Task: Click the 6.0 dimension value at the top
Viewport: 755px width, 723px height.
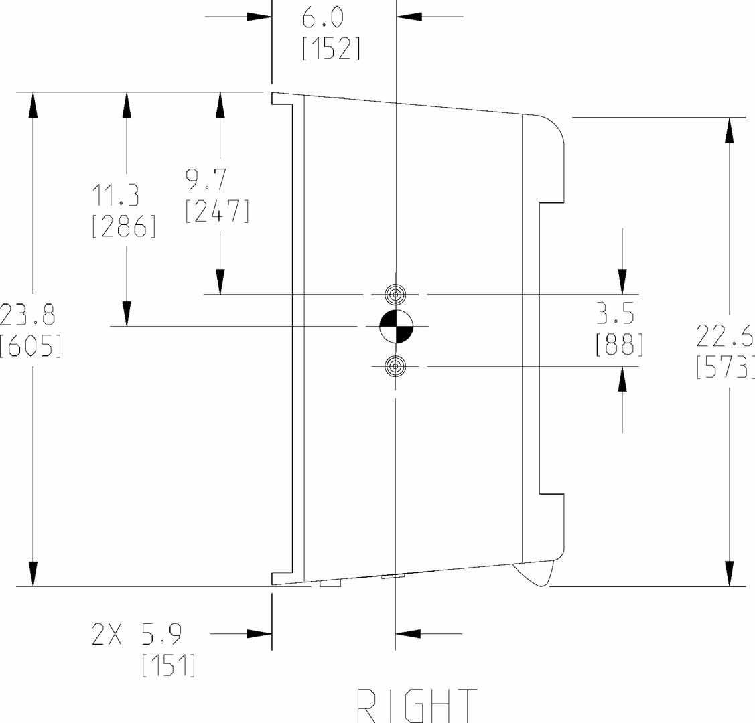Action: point(322,18)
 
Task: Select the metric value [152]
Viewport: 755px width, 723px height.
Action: point(331,48)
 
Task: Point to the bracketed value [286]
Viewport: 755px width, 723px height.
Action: point(124,226)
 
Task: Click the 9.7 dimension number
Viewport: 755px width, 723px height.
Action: point(207,180)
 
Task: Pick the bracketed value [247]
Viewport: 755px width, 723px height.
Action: point(217,211)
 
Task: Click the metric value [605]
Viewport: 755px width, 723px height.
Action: point(30,346)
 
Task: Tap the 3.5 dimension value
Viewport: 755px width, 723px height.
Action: point(615,314)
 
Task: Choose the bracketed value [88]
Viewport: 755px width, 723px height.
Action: point(619,345)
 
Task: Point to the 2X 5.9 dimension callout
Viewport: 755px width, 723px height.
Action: point(137,634)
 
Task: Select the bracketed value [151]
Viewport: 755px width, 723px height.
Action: point(169,665)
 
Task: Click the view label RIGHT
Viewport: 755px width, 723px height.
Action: point(417,705)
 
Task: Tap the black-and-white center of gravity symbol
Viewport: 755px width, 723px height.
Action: point(396,327)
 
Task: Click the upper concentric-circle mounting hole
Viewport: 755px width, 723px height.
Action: point(396,294)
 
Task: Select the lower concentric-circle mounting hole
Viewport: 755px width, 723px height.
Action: point(396,366)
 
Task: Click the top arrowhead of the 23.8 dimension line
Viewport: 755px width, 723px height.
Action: point(31,104)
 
